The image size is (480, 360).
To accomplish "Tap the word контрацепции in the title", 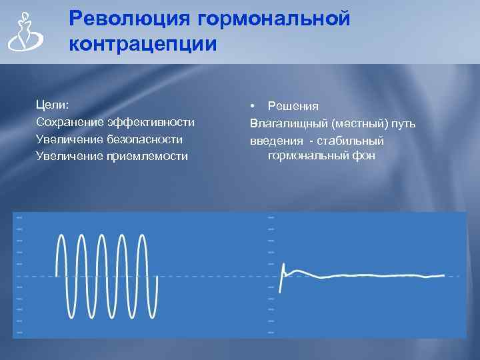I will point(143,45).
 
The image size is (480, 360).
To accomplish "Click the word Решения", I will point(293,106).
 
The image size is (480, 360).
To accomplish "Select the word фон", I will point(365,156).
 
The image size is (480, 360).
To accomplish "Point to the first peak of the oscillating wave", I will point(62,236).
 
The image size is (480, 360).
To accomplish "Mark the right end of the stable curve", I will point(443,275).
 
